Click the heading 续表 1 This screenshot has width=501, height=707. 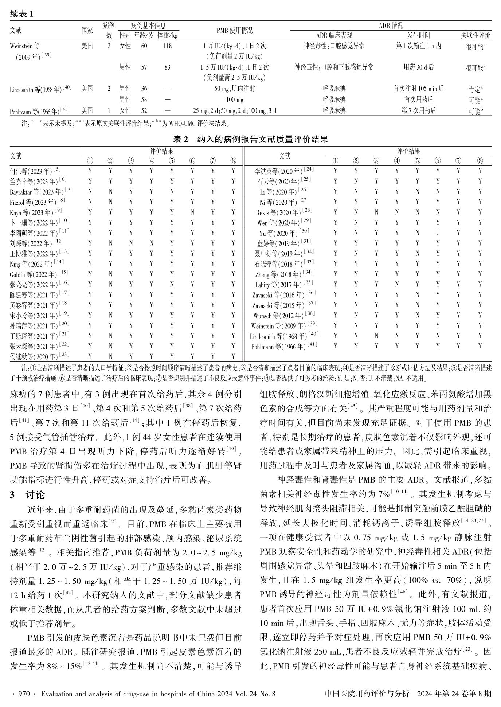pos(22,14)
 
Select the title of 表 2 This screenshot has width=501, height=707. pos(251,139)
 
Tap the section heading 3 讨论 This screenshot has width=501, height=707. pos(28,495)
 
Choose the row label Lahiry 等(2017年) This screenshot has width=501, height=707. pos(284,284)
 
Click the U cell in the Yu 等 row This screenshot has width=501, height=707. pos(438,233)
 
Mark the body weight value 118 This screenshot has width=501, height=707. pos(167,46)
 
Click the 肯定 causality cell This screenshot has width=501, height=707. pos(475,89)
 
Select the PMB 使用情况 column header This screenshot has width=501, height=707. pos(234,31)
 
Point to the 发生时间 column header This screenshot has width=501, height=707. pos(419,35)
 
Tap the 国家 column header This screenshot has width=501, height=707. pos(87,31)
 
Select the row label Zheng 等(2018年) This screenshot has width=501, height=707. pos(284,274)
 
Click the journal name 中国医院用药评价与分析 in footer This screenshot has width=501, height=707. pos(367,694)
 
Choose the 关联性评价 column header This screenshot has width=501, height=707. pos(476,35)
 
